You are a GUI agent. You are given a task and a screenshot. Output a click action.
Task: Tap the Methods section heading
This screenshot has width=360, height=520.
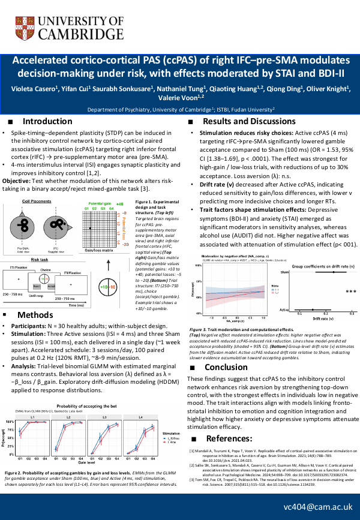[35, 315]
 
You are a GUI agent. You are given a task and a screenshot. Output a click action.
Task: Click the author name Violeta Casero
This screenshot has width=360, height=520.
[34, 89]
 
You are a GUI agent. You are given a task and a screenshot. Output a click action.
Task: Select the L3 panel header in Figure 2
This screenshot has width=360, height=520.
[105, 384]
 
